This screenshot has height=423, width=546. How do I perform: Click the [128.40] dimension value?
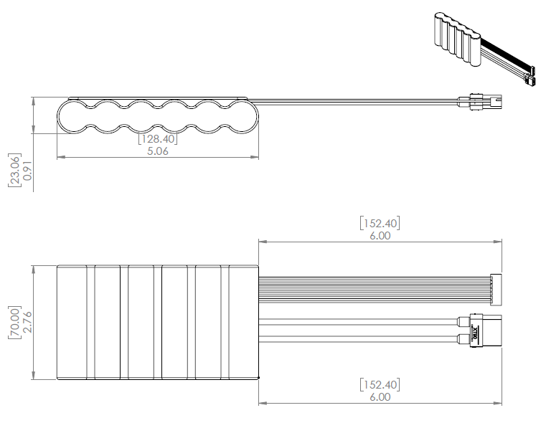157,139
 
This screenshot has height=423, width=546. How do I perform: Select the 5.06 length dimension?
157,151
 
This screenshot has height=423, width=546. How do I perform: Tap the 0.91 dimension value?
28,169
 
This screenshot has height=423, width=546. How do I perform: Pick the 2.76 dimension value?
28,323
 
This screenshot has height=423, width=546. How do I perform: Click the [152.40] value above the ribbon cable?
380,223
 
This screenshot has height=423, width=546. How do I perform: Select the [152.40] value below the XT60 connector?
380,384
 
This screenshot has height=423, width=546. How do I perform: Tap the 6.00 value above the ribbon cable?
380,235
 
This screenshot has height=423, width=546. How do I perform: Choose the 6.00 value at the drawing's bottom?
380,396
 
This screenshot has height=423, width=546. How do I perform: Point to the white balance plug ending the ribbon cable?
495,283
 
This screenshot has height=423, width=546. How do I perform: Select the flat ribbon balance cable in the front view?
373,283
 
